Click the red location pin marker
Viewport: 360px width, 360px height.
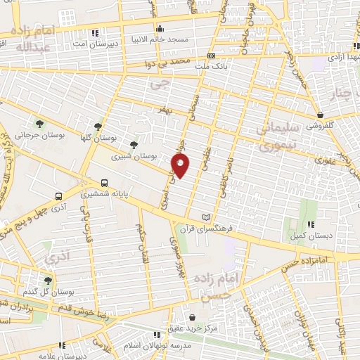(181, 166)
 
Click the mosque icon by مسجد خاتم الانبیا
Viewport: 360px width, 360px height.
(161, 30)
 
